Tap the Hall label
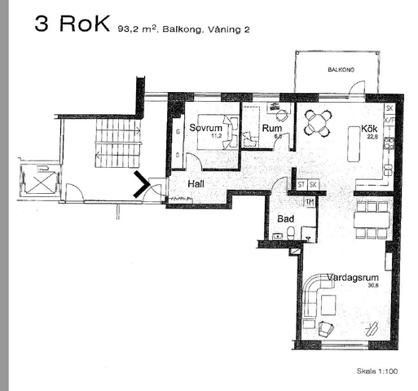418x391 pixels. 196,184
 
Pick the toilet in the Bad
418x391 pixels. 290,235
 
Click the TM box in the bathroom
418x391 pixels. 309,202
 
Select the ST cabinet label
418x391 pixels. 301,185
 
